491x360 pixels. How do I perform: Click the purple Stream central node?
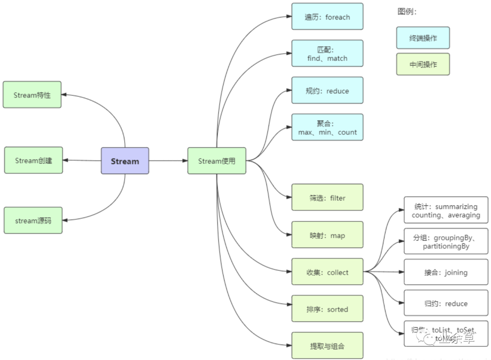(125, 161)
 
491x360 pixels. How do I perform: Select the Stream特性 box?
(32, 95)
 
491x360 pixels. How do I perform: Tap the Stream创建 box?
(34, 160)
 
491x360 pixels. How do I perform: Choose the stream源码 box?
(33, 220)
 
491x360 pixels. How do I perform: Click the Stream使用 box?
(217, 161)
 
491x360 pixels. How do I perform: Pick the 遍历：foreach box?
(327, 17)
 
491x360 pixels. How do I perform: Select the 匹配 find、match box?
(327, 54)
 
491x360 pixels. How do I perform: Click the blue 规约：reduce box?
(327, 90)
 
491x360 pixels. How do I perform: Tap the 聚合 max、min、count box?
(327, 127)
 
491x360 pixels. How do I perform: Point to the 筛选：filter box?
(327, 197)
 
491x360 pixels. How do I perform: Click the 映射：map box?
(327, 235)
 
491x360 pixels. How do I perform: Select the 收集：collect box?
(327, 272)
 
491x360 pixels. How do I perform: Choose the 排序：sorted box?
(327, 309)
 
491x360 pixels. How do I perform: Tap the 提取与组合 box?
(327, 346)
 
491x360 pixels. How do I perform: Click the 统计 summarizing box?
(446, 210)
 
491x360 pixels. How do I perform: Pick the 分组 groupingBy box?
(446, 241)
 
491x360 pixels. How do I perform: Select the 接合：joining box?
(446, 272)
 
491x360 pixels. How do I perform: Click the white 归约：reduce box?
(446, 303)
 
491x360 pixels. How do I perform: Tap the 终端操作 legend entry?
(423, 38)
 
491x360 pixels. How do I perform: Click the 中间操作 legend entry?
(423, 64)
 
